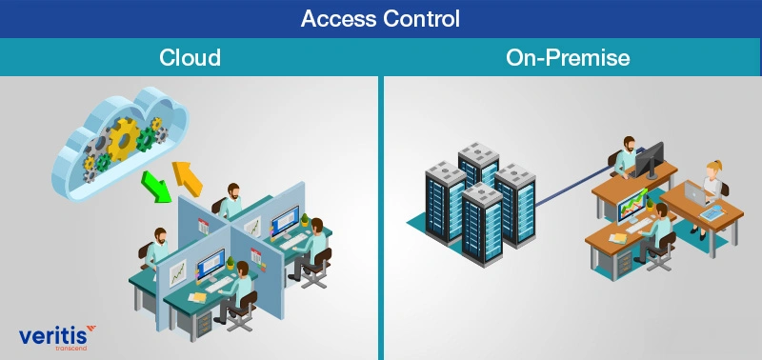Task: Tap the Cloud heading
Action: pyautogui.click(x=190, y=57)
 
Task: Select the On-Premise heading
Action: pyautogui.click(x=568, y=57)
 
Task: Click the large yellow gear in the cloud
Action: pyautogui.click(x=123, y=141)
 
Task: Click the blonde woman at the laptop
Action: pyautogui.click(x=712, y=181)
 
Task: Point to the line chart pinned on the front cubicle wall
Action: pyautogui.click(x=178, y=274)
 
